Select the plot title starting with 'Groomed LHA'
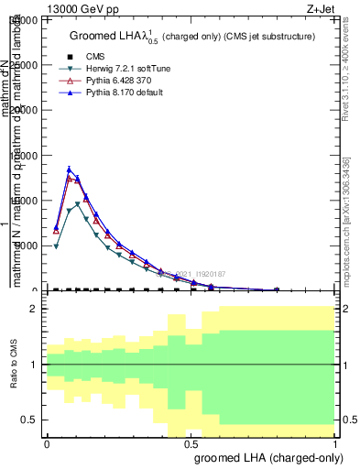pyautogui.click(x=192, y=37)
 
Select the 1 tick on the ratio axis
pyautogui.click(x=36, y=365)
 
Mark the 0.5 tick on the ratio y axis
pyautogui.click(x=32, y=420)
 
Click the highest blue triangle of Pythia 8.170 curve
pyautogui.click(x=69, y=169)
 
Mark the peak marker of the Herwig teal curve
pyautogui.click(x=78, y=204)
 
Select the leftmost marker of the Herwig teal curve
pyautogui.click(x=56, y=246)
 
